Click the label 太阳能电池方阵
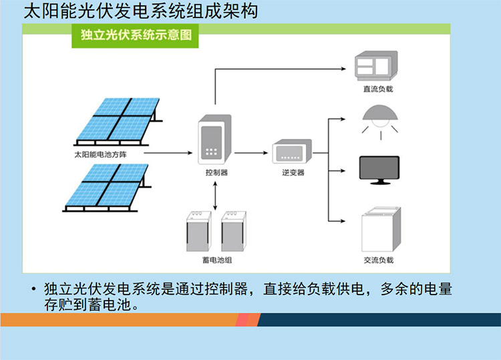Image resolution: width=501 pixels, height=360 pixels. [101, 154]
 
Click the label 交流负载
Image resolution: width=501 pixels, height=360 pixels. [379, 260]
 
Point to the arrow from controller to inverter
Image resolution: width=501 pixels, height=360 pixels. [253, 153]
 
